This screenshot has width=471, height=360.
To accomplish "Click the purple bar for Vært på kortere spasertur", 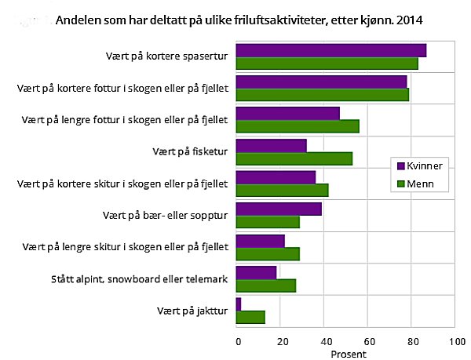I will [330, 51].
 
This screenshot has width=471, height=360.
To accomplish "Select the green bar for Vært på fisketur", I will [294, 159].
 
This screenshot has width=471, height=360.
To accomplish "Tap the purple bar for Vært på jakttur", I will [239, 304].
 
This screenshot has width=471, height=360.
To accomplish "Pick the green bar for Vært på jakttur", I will [250, 317].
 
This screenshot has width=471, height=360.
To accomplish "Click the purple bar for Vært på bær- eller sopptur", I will [279, 209].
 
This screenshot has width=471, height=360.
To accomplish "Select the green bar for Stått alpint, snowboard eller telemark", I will [266, 285].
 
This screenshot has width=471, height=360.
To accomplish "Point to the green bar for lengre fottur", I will [298, 127].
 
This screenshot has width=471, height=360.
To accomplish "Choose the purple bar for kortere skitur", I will [276, 177].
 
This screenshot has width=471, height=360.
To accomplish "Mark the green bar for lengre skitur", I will [268, 253].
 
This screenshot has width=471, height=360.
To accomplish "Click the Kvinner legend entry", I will [422, 165].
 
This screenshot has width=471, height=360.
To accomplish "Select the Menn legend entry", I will [417, 184].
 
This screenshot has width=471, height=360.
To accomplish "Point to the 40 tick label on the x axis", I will [324, 341].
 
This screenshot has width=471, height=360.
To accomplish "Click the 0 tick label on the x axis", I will [238, 341].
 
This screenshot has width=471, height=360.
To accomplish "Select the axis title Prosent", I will [346, 354].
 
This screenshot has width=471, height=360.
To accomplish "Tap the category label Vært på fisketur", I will [189, 151].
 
